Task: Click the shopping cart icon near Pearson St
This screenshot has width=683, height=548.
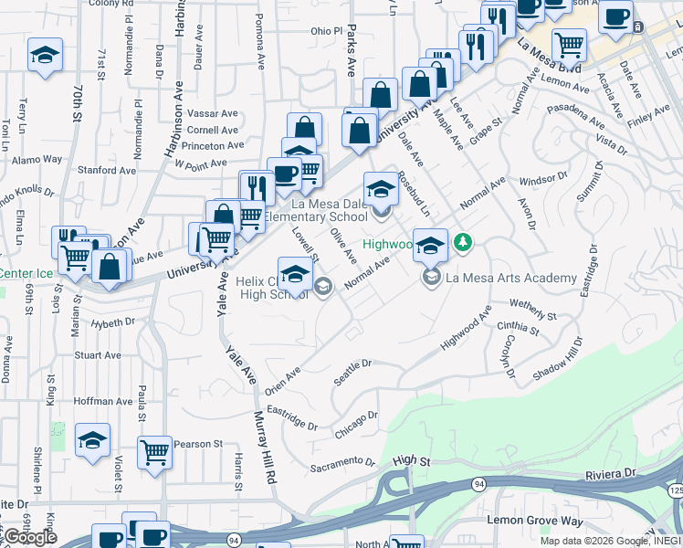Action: (x=155, y=451)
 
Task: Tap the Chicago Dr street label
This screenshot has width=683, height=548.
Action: (x=355, y=426)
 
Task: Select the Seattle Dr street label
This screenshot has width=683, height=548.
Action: (x=353, y=371)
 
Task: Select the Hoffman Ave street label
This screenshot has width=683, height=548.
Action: (x=103, y=401)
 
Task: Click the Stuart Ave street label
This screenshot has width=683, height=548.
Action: (x=98, y=355)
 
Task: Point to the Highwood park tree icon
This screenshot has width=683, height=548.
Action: (x=465, y=242)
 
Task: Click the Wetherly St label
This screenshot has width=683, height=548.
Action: (x=533, y=310)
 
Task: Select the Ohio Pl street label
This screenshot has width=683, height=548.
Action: (x=325, y=31)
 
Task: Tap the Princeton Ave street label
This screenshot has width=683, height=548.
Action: (x=212, y=145)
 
